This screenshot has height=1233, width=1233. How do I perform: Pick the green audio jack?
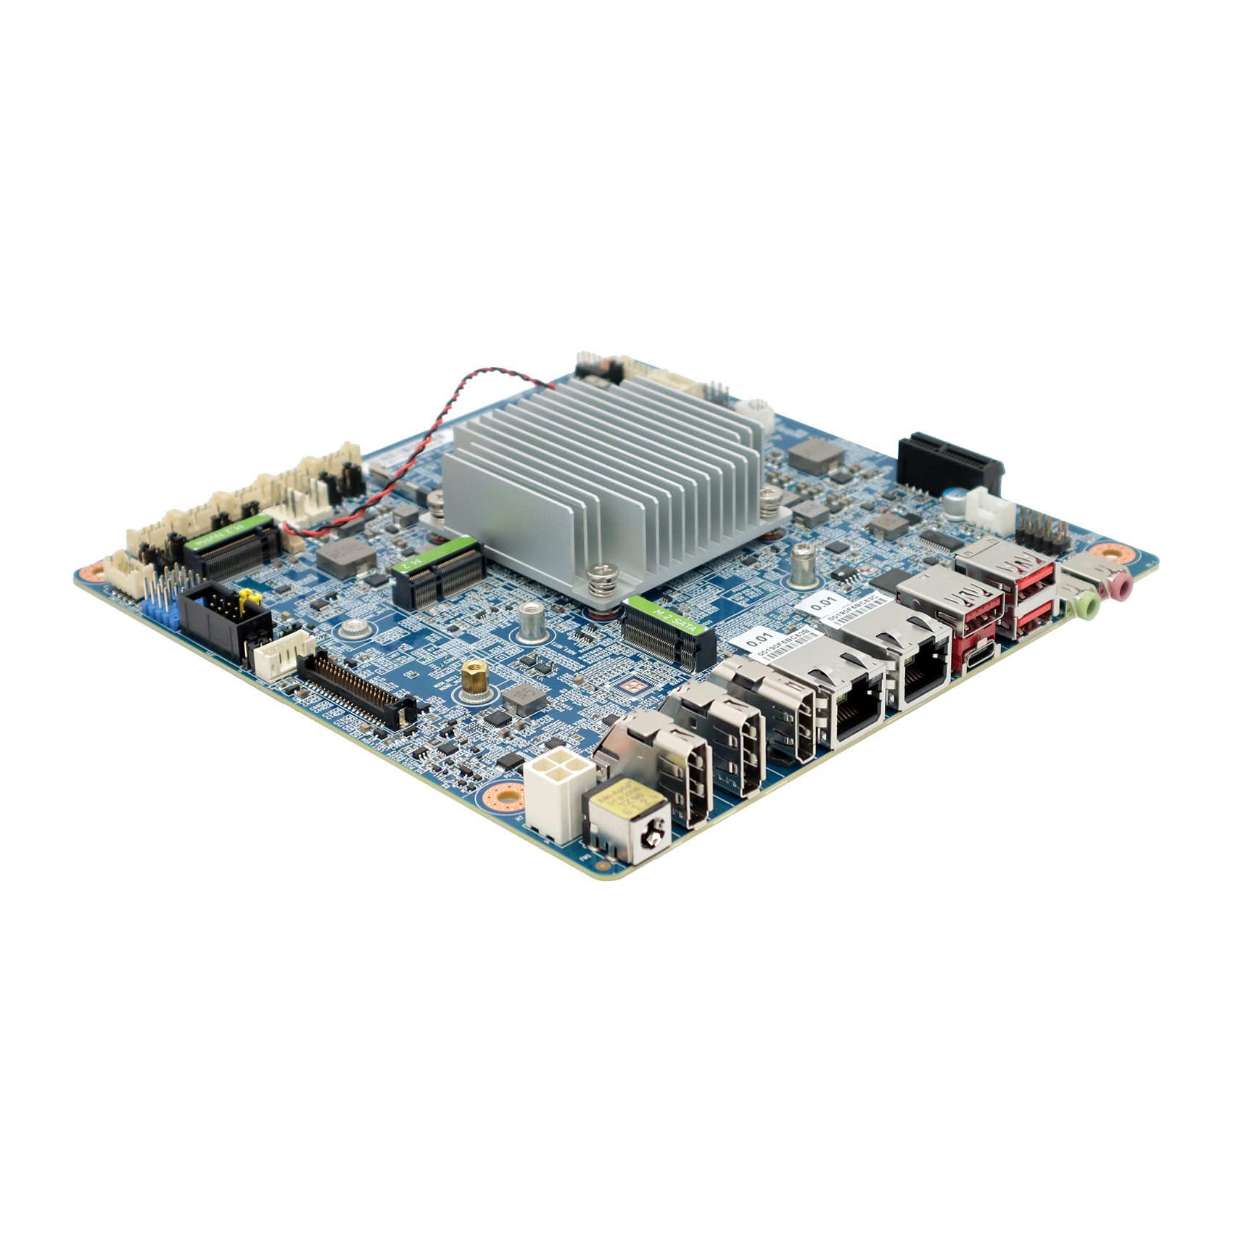(x=1084, y=603)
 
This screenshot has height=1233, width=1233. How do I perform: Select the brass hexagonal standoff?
(x=472, y=675)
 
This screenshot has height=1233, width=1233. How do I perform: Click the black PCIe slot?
(x=949, y=461)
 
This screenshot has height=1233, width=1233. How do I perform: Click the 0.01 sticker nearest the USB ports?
(x=824, y=601)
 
